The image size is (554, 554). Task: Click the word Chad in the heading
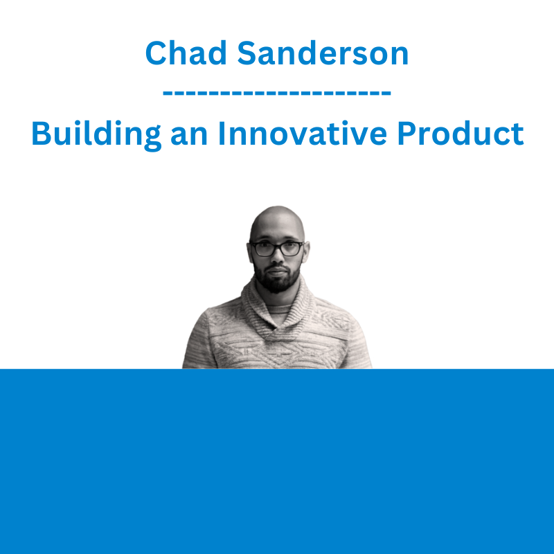tap(186, 53)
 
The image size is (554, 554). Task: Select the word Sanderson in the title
tap(323, 53)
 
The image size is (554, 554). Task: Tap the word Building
tap(96, 134)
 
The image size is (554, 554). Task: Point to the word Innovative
tap(303, 133)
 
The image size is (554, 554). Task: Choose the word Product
tap(461, 133)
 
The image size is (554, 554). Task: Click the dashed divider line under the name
tap(277, 93)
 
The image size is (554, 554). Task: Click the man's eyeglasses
tap(276, 249)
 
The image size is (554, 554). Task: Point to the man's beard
tap(277, 281)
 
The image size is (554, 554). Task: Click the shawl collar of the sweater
tap(278, 314)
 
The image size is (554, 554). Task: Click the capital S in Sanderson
tap(247, 53)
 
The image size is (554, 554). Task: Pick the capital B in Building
tap(42, 133)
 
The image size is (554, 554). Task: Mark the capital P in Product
tap(406, 133)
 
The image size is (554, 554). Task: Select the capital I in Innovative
tap(222, 133)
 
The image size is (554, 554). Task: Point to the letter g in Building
tap(152, 139)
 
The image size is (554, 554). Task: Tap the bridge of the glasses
tap(278, 245)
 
